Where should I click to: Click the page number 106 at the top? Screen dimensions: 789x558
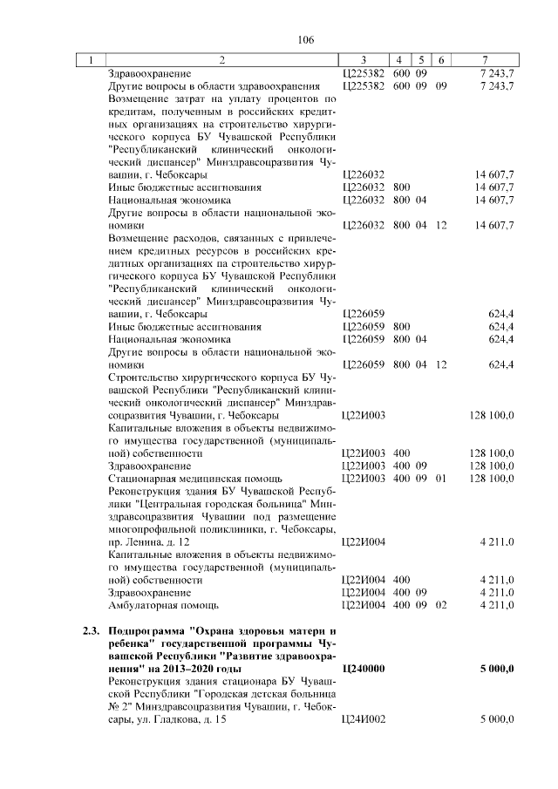tap(305, 40)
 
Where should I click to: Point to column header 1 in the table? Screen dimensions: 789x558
tap(90, 60)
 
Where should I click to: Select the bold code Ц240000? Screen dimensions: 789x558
tap(364, 668)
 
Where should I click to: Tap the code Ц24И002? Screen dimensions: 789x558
tap(364, 718)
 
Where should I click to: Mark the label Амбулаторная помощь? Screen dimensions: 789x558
tap(162, 604)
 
